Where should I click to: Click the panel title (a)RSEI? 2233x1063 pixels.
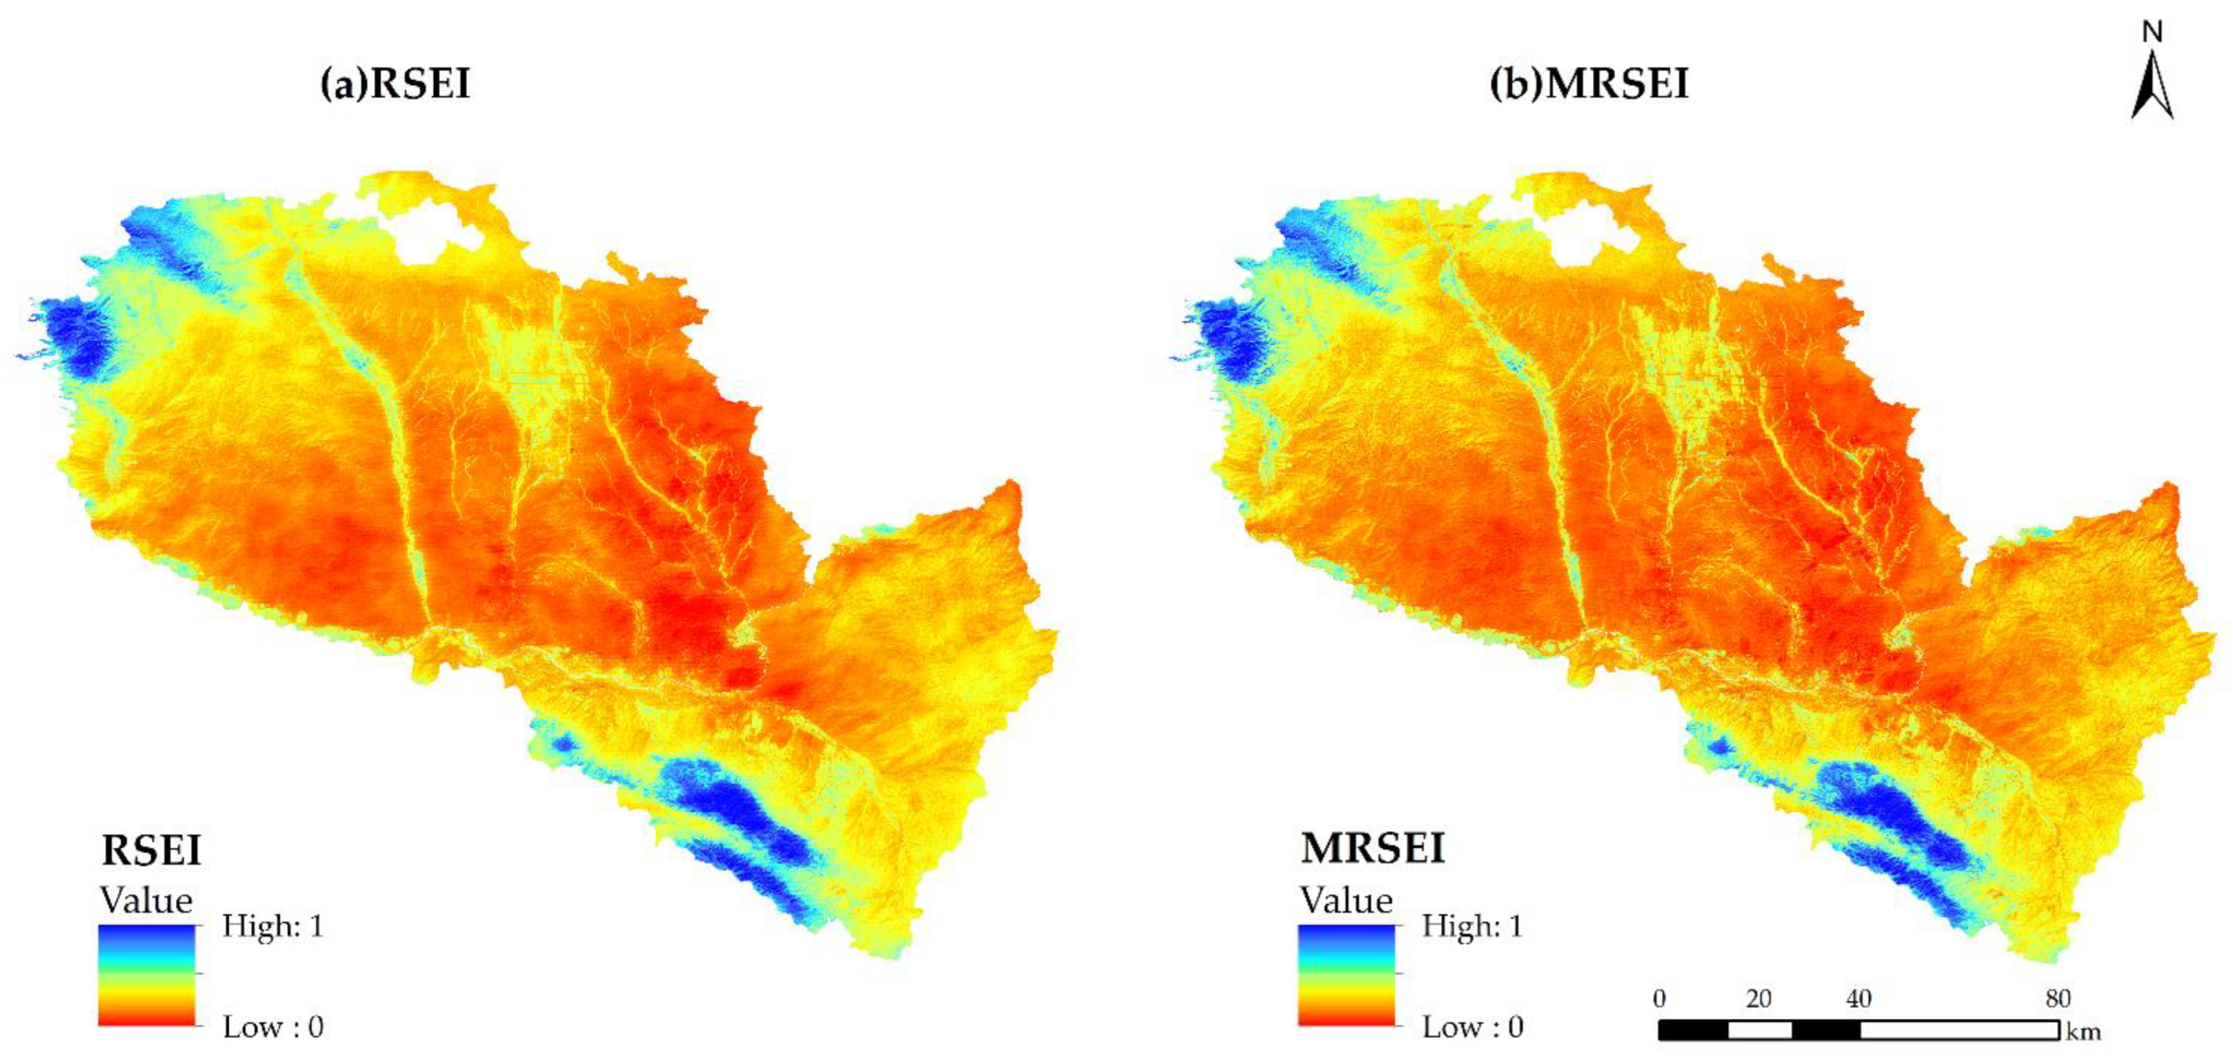pos(395,84)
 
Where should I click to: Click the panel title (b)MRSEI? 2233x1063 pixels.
pos(1589,84)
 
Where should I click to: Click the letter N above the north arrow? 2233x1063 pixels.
pos(2152,32)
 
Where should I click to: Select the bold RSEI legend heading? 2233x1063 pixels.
pos(151,850)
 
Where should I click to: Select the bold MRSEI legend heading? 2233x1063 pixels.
pos(1372,848)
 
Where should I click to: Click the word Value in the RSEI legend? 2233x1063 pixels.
pos(146,900)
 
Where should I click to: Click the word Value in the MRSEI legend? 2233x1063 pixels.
pos(1345,900)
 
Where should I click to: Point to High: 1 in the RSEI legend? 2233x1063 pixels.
pos(272,926)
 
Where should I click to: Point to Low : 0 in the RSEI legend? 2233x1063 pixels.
pos(272,1026)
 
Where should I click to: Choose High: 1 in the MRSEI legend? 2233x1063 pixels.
pos(1472,926)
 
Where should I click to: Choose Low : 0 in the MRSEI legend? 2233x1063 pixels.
pos(1472,1026)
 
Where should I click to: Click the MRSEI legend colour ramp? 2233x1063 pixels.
pos(1346,975)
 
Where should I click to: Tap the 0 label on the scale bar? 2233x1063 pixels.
pos(1659,999)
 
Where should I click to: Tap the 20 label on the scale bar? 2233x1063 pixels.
pos(1759,999)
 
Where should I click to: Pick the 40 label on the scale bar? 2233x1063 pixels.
pos(1858,999)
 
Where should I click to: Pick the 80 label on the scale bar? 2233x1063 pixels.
pos(2058,999)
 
